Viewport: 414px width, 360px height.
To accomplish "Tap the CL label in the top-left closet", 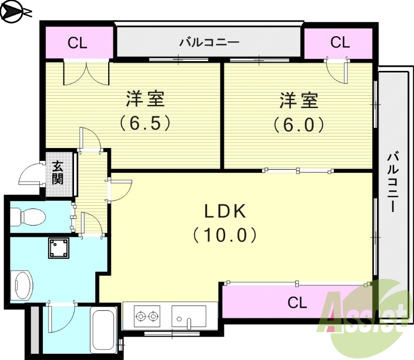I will (x=78, y=42).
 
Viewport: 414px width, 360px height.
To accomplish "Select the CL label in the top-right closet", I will (x=340, y=42).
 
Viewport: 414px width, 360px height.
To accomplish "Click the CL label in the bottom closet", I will (x=297, y=303).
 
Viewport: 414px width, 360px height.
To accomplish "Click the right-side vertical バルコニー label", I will (x=394, y=181).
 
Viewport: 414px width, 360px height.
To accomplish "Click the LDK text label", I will (x=225, y=211).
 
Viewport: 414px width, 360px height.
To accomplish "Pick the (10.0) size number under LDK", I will (x=225, y=236).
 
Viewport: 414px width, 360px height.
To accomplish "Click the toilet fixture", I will (x=28, y=216).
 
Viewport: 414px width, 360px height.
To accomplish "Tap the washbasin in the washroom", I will (x=22, y=285).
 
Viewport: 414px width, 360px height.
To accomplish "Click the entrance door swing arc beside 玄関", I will (x=31, y=175).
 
